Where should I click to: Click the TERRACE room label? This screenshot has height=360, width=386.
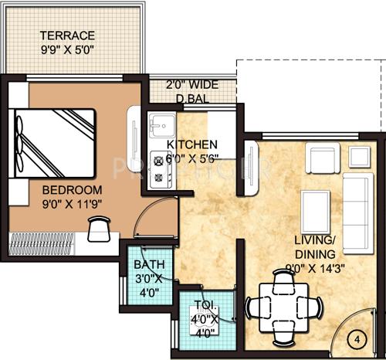coord(68,36)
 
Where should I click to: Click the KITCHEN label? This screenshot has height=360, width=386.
coord(191,144)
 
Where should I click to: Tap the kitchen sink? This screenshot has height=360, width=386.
coord(163,124)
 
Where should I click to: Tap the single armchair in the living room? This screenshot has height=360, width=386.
coord(322,160)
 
